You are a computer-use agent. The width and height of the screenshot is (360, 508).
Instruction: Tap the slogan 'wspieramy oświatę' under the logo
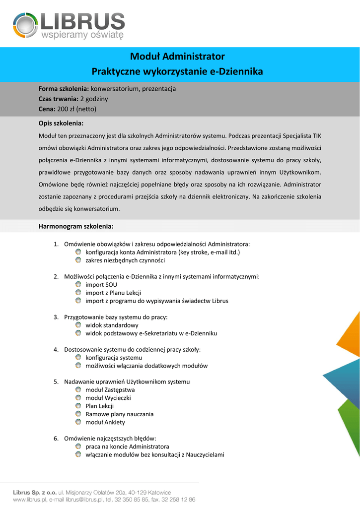82,35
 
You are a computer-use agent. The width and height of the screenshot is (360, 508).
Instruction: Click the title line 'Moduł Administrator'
177,57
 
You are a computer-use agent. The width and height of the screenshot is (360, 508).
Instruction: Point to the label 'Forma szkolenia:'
64,89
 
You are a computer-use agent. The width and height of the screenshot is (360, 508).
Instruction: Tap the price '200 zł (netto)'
76,109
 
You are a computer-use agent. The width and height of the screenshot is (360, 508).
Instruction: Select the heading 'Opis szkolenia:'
61,123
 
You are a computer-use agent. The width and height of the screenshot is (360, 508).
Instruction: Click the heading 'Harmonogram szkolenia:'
76,226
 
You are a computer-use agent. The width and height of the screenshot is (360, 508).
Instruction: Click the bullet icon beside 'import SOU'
78,284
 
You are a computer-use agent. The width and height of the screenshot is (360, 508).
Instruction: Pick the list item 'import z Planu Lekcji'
113,293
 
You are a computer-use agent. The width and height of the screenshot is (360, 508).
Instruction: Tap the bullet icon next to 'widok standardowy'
78,325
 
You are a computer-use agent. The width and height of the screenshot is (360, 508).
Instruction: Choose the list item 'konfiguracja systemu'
114,357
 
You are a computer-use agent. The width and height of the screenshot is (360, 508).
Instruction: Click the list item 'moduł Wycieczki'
108,398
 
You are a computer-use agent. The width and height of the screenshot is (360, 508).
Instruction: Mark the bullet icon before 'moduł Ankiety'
78,422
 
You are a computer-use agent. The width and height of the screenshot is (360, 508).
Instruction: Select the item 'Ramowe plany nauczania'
119,414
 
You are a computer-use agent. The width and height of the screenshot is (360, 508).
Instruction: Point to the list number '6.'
56,438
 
